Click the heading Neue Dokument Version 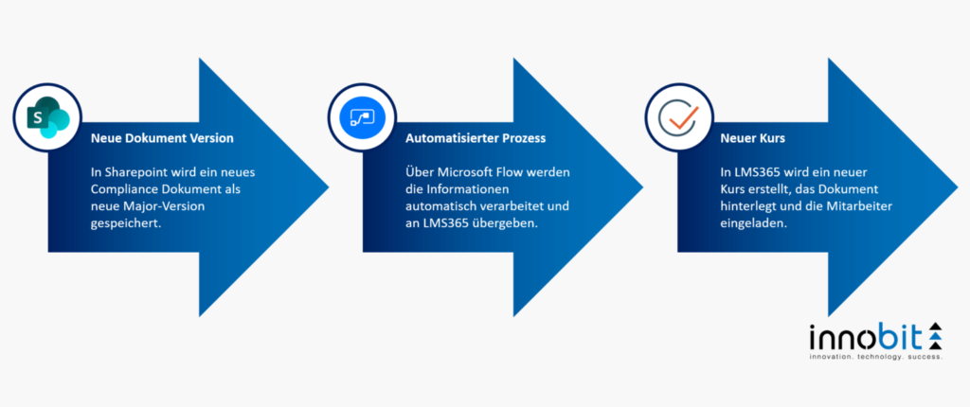162,138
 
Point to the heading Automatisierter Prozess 475,138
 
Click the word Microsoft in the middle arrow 465,172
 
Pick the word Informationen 468,189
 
